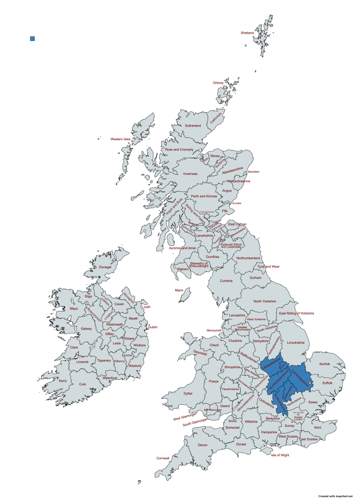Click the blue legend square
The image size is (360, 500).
pyautogui.click(x=32, y=38)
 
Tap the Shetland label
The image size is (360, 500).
pyautogui.click(x=247, y=33)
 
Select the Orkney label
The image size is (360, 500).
pyautogui.click(x=218, y=83)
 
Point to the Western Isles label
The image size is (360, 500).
pyautogui.click(x=120, y=139)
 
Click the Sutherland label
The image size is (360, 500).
pyautogui.click(x=192, y=125)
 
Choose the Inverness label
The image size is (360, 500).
pyautogui.click(x=190, y=173)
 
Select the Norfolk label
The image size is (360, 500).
pyautogui.click(x=324, y=364)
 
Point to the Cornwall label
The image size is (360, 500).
pyautogui.click(x=163, y=458)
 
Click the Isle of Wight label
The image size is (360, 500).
pyautogui.click(x=280, y=455)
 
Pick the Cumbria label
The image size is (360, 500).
pyautogui.click(x=226, y=281)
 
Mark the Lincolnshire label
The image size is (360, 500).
pyautogui.click(x=296, y=342)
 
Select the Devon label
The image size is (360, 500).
pyautogui.click(x=203, y=445)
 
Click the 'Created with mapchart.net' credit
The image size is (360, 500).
pyautogui.click(x=335, y=496)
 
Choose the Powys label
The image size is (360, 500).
pyautogui.click(x=213, y=381)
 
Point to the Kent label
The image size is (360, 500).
pyautogui.click(x=318, y=428)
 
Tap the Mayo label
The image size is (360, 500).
pyautogui.click(x=74, y=309)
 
